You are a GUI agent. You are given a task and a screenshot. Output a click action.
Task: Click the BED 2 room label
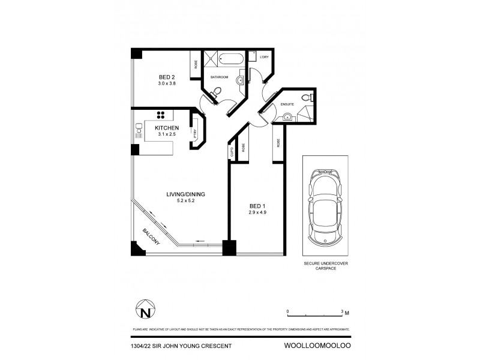tap(167, 77)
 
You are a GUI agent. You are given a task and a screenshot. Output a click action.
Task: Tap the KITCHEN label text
tap(166, 128)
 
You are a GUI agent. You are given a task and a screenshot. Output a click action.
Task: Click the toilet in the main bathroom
tap(217, 92)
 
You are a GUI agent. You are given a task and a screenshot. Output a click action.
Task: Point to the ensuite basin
tap(287, 117)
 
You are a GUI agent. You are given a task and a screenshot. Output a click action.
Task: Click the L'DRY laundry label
tap(264, 57)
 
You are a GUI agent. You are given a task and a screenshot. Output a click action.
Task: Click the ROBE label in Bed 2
tap(196, 65)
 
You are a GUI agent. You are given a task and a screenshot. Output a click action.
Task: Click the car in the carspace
tap(325, 207)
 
